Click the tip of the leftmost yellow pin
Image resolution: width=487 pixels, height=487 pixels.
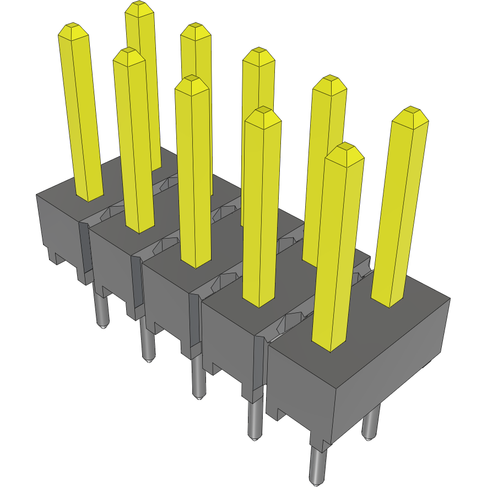point(73,31)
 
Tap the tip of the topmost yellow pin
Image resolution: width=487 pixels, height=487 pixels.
point(138,8)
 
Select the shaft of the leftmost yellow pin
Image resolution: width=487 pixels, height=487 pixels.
point(82,116)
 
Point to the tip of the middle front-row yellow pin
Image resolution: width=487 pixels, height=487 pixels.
point(191,84)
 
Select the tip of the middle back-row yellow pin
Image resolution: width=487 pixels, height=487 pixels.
point(258,56)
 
